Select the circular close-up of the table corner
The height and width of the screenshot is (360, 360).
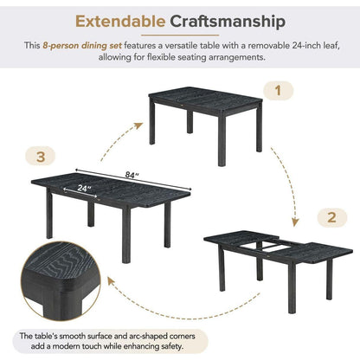coord(59,280)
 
